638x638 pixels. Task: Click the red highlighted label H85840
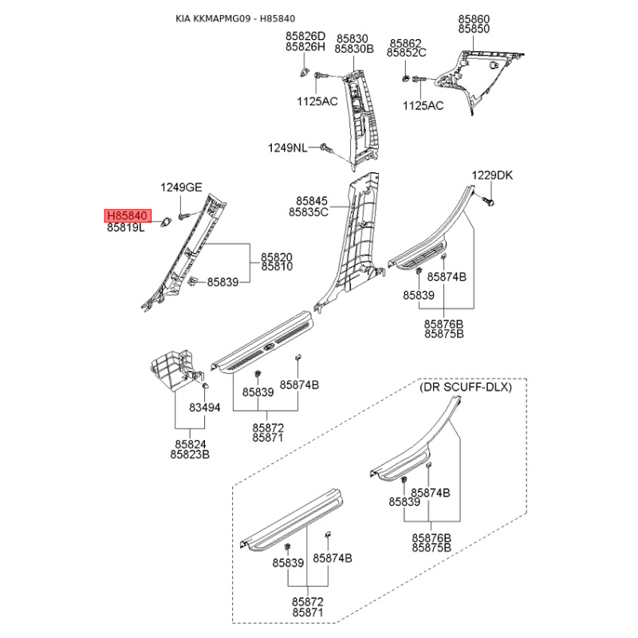(x=128, y=215)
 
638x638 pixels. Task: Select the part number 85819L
(x=126, y=227)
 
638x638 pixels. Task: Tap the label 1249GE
(x=181, y=187)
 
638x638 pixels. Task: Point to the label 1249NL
(x=288, y=148)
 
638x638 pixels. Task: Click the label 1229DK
(x=492, y=175)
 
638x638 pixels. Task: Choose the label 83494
(x=205, y=408)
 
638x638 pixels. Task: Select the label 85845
(x=312, y=201)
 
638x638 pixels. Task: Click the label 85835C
(x=309, y=212)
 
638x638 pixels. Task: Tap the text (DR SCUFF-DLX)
(x=466, y=387)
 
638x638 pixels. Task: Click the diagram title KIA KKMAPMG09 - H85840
(x=235, y=18)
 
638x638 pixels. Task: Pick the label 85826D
(x=305, y=36)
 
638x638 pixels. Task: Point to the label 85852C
(x=407, y=53)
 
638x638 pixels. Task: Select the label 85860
(x=474, y=19)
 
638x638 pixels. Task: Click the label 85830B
(x=354, y=49)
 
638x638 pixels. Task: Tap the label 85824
(x=191, y=444)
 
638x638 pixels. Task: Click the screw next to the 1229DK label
(x=489, y=201)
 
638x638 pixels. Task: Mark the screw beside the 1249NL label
(x=326, y=148)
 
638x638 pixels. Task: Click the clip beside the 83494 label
(x=206, y=385)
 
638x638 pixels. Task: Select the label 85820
(x=277, y=257)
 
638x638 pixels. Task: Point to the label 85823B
(x=190, y=455)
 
